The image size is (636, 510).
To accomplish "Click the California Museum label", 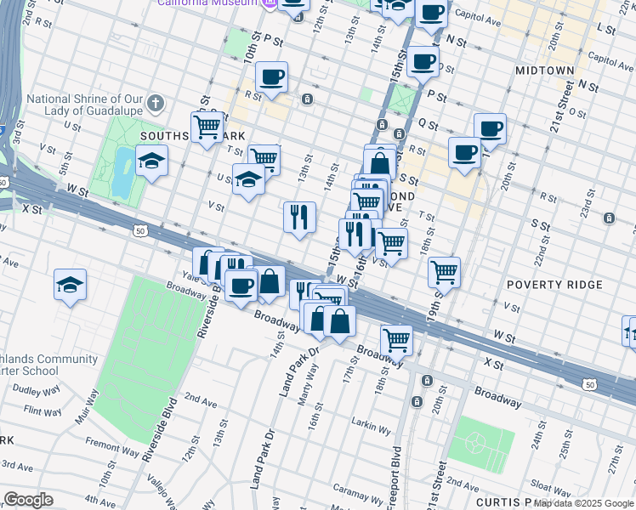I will (x=207, y=3).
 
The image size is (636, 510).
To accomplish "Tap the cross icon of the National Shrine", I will (x=154, y=104).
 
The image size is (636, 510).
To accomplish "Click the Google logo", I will (x=28, y=500).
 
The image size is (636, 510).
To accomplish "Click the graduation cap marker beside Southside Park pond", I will (x=151, y=161).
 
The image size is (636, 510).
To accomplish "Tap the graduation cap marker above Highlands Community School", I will (x=70, y=285).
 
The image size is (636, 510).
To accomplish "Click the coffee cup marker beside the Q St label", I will (x=489, y=128).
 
